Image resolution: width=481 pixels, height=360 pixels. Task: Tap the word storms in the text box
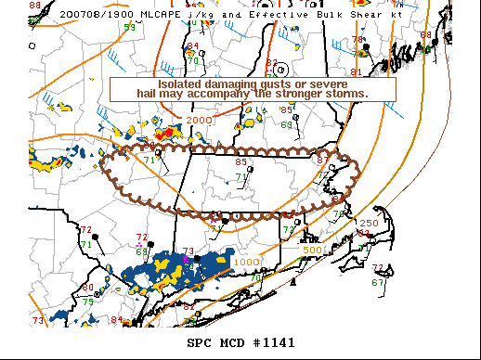(345, 94)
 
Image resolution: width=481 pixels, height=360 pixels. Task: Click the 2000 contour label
(197, 121)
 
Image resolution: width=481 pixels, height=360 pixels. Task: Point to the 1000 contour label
(247, 263)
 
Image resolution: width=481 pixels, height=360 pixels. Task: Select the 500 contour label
(312, 250)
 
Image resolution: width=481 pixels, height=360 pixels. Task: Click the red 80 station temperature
(88, 287)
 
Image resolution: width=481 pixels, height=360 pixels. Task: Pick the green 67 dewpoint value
(377, 282)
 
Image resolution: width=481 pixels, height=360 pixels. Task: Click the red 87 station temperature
(322, 161)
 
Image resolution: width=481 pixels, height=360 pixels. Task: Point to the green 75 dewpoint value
(87, 301)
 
